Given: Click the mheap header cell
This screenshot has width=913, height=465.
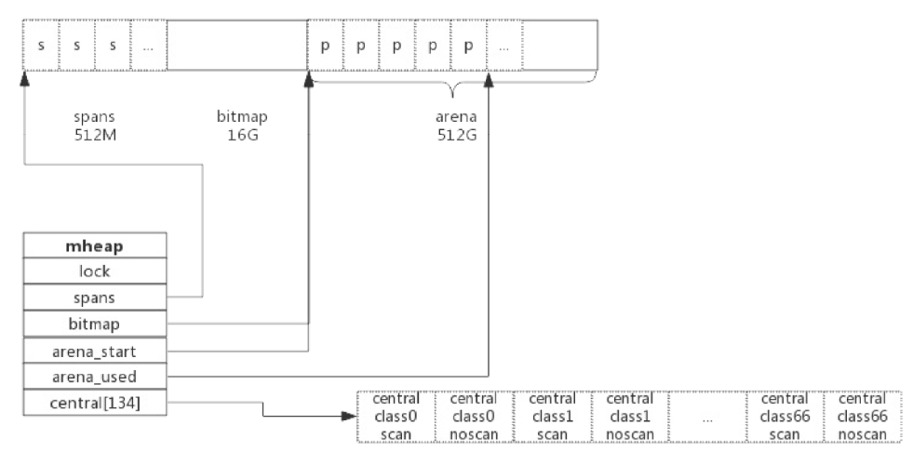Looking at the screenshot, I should [x=95, y=246].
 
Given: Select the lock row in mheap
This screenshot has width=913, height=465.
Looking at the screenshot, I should [x=95, y=271].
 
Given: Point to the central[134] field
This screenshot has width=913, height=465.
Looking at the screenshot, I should [x=95, y=402].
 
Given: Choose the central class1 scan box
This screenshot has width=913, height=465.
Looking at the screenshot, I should [x=551, y=416].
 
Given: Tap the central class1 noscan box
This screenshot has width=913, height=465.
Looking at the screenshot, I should [x=629, y=416].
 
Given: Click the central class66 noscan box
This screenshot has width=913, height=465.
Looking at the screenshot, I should [x=862, y=416].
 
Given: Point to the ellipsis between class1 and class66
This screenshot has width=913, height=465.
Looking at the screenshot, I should [x=707, y=418].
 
